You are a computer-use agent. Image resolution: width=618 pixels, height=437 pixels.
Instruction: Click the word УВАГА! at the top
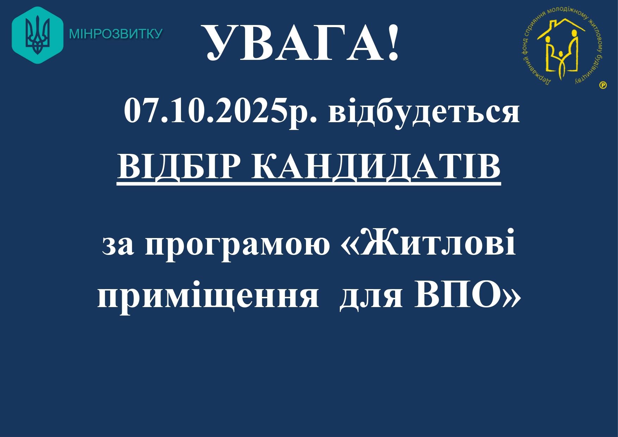point(302,43)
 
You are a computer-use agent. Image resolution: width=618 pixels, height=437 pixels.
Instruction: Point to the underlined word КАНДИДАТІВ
point(376,167)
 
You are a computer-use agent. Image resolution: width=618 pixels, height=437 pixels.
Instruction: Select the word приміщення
point(208,295)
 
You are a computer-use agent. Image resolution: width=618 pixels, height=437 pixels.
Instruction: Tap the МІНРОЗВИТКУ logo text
point(116,34)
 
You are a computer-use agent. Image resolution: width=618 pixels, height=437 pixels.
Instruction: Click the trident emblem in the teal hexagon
point(38,35)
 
